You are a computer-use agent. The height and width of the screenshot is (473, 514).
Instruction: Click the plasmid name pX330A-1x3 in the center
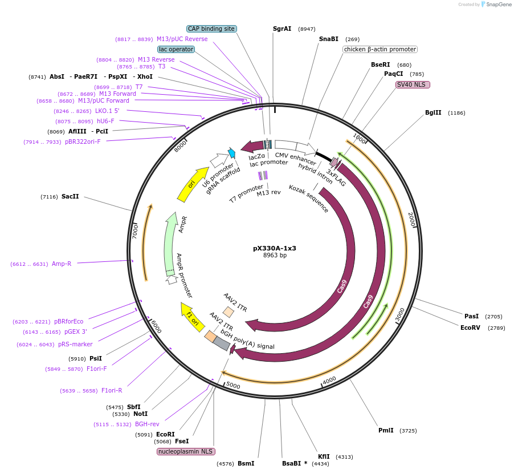[275, 248]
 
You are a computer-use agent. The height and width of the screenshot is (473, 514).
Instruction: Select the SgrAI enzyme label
[282, 29]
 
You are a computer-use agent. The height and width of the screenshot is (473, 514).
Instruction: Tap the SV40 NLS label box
[413, 84]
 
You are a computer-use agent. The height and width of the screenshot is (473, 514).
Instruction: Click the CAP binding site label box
[211, 29]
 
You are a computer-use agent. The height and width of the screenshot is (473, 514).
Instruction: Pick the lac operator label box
[176, 49]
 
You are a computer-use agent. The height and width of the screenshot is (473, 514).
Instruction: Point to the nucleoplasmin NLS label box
[186, 451]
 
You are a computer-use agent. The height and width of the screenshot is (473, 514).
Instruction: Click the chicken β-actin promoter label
[380, 49]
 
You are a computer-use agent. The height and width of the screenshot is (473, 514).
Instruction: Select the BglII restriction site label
[433, 112]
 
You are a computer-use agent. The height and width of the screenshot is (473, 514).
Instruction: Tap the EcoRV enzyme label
[470, 328]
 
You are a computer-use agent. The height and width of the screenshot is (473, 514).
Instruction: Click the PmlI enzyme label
[386, 430]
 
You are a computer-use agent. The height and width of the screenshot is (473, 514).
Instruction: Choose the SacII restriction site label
[70, 196]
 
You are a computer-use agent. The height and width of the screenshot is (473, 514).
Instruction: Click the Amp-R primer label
[62, 264]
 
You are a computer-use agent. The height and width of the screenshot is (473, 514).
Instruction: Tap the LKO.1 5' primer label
[107, 111]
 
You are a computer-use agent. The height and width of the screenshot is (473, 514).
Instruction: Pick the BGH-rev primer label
[147, 424]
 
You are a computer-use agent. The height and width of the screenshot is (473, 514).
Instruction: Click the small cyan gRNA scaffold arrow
[232, 153]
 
